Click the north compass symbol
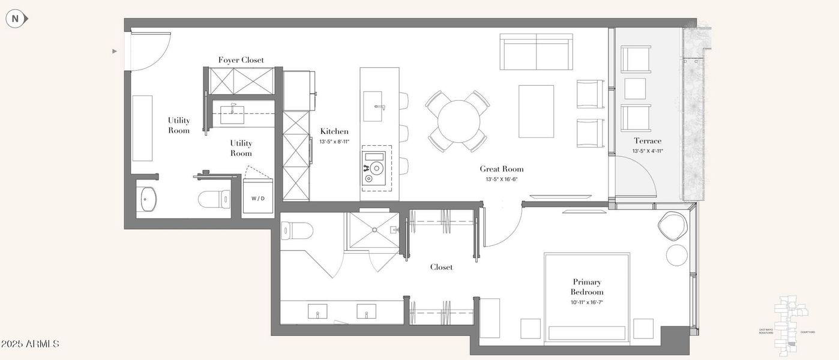pyautogui.click(x=16, y=19)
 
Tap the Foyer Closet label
pyautogui.click(x=241, y=60)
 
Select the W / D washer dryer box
pyautogui.click(x=257, y=198)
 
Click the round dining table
pyautogui.click(x=457, y=121)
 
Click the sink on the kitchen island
pyautogui.click(x=379, y=106)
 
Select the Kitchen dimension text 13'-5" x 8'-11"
pyautogui.click(x=334, y=142)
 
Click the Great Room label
pyautogui.click(x=502, y=169)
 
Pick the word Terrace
pyautogui.click(x=648, y=141)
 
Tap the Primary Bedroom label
pyautogui.click(x=586, y=287)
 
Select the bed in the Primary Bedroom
pyautogui.click(x=586, y=297)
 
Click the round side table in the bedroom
pyautogui.click(x=677, y=255)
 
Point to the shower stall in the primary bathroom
pyautogui.click(x=371, y=229)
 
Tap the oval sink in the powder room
pyautogui.click(x=147, y=199)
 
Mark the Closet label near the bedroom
pyautogui.click(x=441, y=267)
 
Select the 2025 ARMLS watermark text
pyautogui.click(x=30, y=344)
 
